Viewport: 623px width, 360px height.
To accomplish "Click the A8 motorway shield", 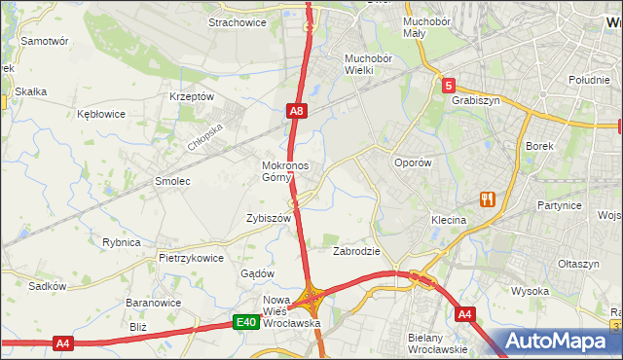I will click(x=299, y=113).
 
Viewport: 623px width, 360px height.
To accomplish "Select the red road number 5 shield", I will click(x=448, y=87).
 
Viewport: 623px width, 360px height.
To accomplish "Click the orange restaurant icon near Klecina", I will click(x=487, y=199).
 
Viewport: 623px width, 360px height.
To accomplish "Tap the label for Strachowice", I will click(x=238, y=22).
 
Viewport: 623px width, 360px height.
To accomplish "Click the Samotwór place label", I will click(x=44, y=42).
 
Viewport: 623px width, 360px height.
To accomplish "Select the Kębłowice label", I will click(x=101, y=114).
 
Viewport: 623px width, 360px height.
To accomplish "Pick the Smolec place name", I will click(x=172, y=181).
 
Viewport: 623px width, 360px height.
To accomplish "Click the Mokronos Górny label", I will click(x=285, y=171).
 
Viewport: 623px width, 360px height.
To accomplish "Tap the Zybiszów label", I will click(x=270, y=219).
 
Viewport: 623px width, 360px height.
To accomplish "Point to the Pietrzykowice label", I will click(x=191, y=259).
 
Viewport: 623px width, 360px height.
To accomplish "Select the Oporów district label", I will click(x=412, y=163).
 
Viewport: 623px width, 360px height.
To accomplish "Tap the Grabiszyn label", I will click(x=475, y=99).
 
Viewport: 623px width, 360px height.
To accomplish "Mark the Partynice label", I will click(x=560, y=206).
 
